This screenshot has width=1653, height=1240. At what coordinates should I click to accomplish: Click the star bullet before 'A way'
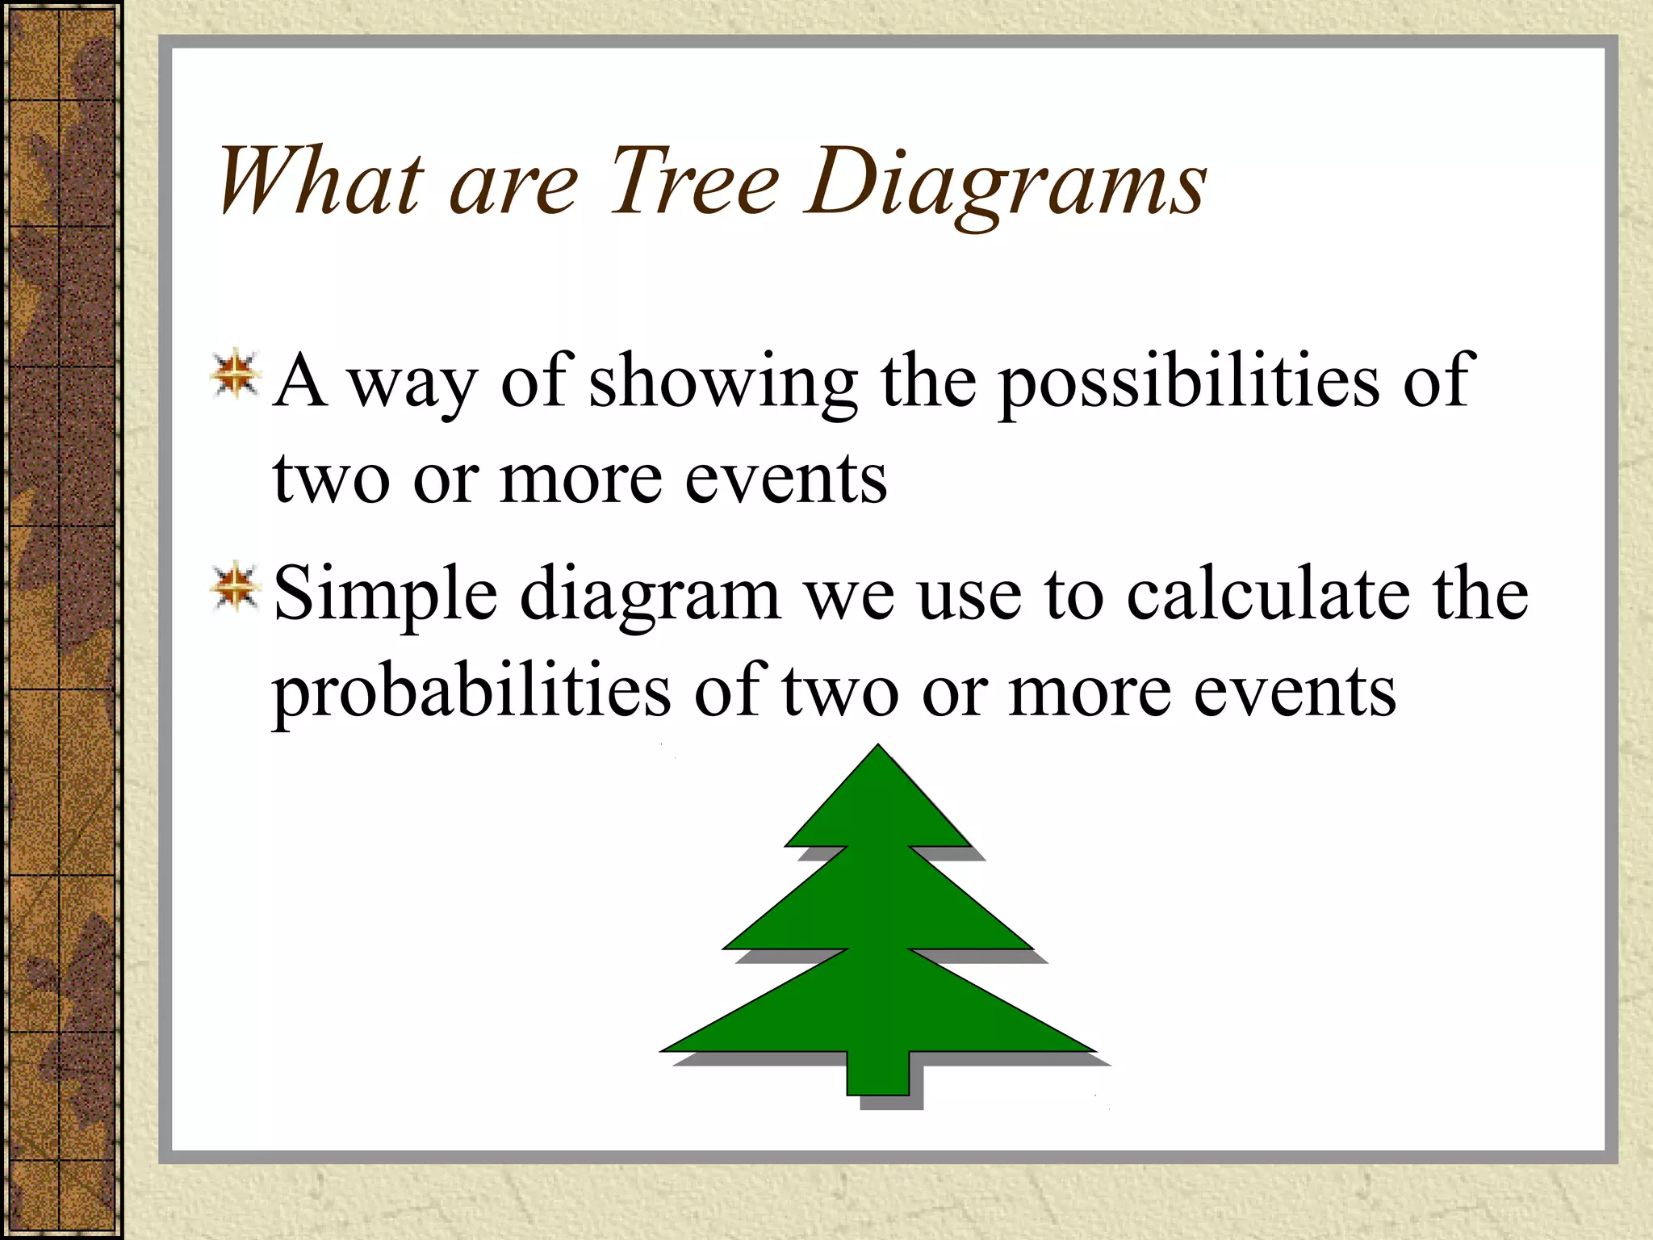pyautogui.click(x=235, y=375)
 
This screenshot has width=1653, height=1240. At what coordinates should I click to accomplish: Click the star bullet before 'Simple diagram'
pyautogui.click(x=235, y=587)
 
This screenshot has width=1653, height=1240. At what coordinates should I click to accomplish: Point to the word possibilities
pyautogui.click(x=1189, y=383)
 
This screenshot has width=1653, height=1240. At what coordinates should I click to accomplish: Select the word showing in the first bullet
pyautogui.click(x=723, y=383)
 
